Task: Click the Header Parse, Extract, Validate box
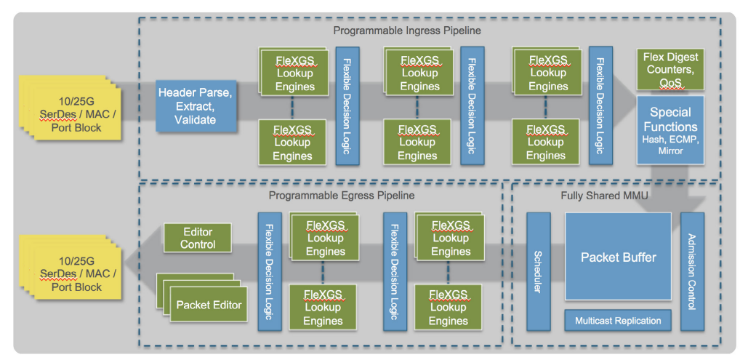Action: pyautogui.click(x=196, y=105)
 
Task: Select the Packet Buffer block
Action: pyautogui.click(x=618, y=257)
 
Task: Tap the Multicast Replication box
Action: pyautogui.click(x=618, y=320)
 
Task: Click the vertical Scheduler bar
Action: pyautogui.click(x=538, y=272)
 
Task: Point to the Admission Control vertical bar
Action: pyautogui.click(x=692, y=272)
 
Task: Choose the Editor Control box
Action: pyautogui.click(x=198, y=238)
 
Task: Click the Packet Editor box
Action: pyautogui.click(x=209, y=305)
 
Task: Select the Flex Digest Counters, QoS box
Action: pyautogui.click(x=670, y=70)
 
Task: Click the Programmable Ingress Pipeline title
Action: pyautogui.click(x=407, y=31)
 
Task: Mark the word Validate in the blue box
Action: pyautogui.click(x=196, y=119)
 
